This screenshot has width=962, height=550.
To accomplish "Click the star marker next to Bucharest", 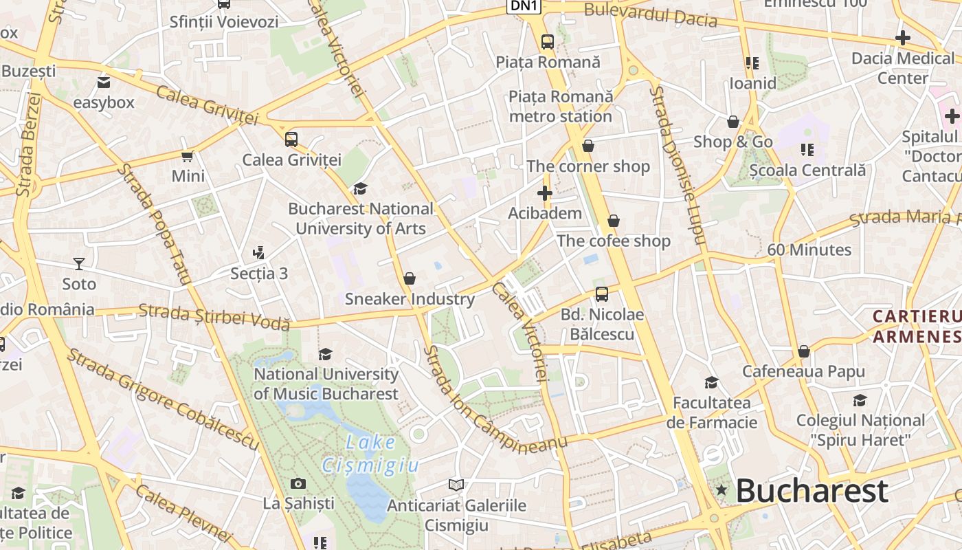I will (721, 490).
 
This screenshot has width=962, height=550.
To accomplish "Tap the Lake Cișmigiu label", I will (370, 454).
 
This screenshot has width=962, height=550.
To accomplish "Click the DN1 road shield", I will (524, 6).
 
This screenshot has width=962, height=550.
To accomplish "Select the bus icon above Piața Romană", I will (548, 42).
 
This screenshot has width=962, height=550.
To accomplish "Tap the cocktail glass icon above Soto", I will (79, 264).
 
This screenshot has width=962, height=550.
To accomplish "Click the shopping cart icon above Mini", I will (188, 156).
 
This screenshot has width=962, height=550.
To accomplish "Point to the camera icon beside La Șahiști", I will (298, 483).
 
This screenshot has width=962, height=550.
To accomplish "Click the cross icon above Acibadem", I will (545, 193).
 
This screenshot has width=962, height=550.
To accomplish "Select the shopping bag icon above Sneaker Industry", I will (410, 278).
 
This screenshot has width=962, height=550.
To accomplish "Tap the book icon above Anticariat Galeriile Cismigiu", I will (456, 485).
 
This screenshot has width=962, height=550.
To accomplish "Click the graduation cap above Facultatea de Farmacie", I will (711, 382).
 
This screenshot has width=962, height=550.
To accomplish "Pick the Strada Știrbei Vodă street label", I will (214, 317).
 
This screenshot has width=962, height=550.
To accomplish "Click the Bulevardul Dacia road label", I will (650, 15).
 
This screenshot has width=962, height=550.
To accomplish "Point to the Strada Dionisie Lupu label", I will (678, 165).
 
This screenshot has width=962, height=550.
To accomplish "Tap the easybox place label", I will (104, 102).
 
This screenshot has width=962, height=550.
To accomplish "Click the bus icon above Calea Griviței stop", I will (291, 140).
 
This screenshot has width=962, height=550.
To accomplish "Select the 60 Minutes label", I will (809, 250).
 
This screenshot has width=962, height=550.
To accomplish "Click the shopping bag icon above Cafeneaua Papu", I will (803, 352).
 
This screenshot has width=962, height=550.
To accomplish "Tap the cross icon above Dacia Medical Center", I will (903, 38).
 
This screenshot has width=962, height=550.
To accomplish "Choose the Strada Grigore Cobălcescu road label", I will (163, 399).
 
